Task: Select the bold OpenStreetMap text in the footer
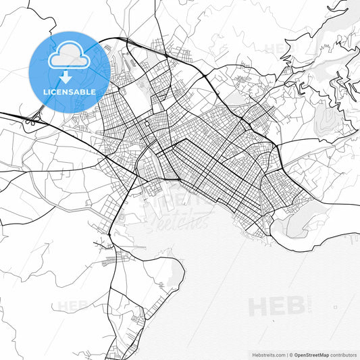311,355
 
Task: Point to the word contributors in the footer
344,355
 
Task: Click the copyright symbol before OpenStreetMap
291,355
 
